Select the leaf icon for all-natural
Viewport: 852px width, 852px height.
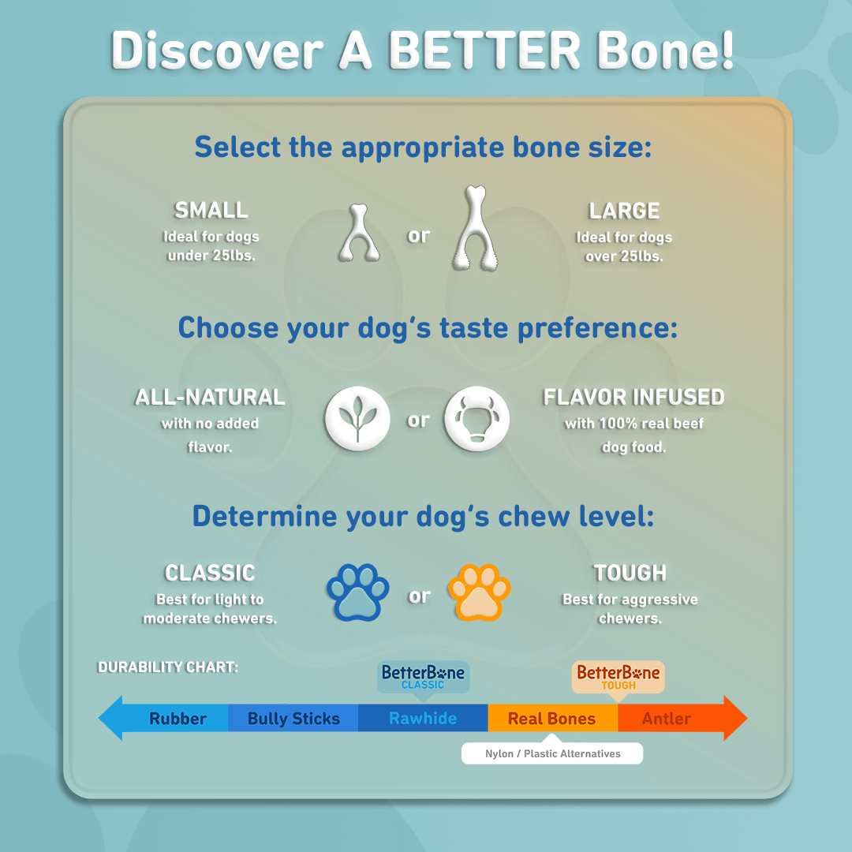[x=357, y=418]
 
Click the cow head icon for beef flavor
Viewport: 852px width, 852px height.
[x=476, y=418]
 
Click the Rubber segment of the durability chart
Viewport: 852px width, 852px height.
[x=177, y=719]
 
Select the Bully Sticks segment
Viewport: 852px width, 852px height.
[x=293, y=719]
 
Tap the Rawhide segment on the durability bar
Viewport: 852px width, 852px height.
[x=423, y=719]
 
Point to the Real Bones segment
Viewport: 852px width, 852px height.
[x=551, y=719]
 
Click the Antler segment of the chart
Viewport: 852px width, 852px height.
[x=667, y=719]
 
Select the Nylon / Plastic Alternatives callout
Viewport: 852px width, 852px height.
[x=552, y=753]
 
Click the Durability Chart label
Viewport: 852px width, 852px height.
[x=167, y=667]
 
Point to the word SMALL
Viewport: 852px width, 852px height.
[x=211, y=211]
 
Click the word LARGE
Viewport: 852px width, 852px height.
[x=624, y=211]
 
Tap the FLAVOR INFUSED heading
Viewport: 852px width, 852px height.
[x=633, y=397]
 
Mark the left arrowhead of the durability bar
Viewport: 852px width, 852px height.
[x=110, y=718]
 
